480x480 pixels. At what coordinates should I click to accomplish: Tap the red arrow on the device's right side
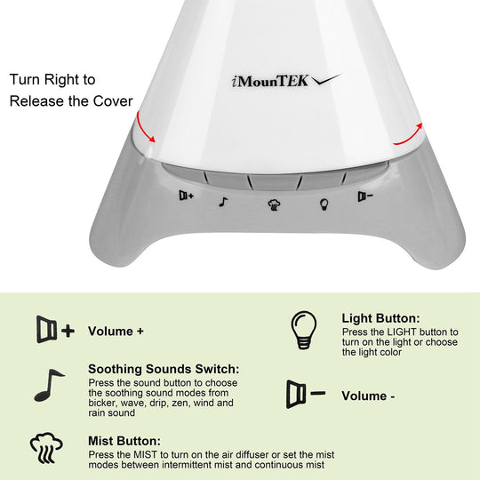pos(406,133)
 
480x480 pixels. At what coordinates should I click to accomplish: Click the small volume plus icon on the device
pos(186,196)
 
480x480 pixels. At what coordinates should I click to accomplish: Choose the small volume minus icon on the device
pos(364,196)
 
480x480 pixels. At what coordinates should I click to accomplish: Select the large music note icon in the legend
pos(49,385)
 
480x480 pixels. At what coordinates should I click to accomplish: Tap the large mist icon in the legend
pos(46,448)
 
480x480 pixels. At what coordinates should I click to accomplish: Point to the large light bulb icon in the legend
pos(303,332)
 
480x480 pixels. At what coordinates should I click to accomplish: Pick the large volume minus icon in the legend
pos(305,394)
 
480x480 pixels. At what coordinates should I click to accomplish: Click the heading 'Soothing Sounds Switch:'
pos(164,369)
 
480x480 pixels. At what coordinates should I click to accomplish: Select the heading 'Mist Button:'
pos(124,440)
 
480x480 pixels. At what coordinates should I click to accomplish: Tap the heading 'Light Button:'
pos(380,318)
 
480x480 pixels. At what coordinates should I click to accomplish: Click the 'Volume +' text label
pos(116,332)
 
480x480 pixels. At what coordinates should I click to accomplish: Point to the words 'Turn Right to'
pos(52,80)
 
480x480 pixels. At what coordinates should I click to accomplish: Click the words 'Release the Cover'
pos(70,100)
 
